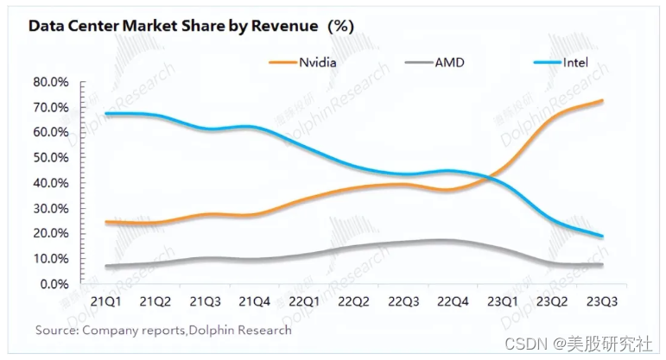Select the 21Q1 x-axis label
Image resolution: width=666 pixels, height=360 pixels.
pyautogui.click(x=107, y=301)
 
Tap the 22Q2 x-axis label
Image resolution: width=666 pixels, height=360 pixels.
pyautogui.click(x=355, y=301)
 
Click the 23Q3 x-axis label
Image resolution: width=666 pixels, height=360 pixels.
pyautogui.click(x=602, y=301)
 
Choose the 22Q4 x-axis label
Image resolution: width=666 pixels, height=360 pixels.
pyautogui.click(x=454, y=301)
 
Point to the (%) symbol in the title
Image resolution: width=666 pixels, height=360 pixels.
pyautogui.click(x=340, y=26)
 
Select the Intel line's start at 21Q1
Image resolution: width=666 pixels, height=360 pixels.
pyautogui.click(x=106, y=114)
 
